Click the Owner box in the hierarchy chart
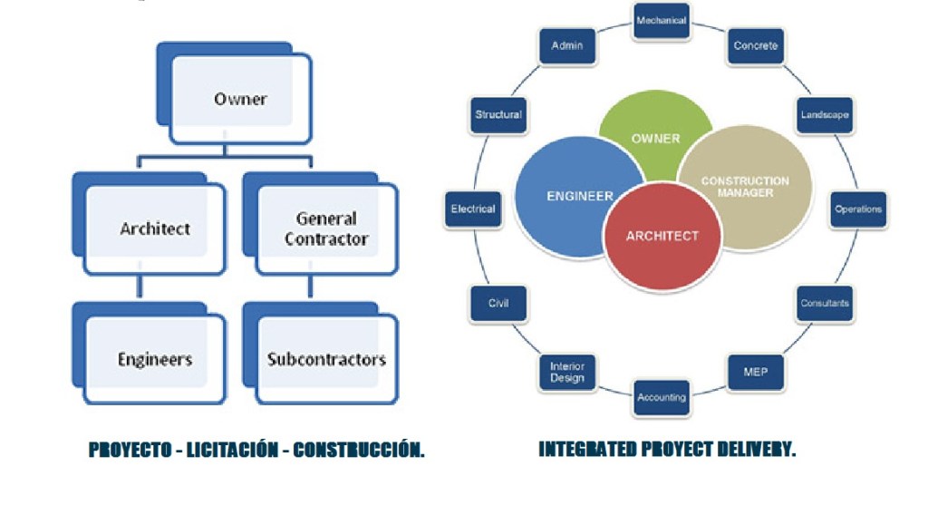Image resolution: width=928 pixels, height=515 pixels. point(240,99)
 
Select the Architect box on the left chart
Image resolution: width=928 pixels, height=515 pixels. point(155,228)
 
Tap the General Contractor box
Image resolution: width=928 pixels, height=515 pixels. point(326,228)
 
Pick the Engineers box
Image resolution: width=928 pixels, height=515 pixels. point(155,359)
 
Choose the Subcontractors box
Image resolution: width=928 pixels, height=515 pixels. point(326,359)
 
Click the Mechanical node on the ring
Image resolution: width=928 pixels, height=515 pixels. point(662,20)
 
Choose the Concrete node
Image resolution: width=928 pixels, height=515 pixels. point(756,45)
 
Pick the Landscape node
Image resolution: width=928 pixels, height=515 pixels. point(824,115)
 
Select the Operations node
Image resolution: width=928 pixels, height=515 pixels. point(858,209)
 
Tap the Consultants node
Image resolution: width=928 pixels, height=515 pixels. point(825,304)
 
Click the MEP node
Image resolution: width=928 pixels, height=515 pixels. point(756,373)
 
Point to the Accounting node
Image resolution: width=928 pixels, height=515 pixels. point(662,397)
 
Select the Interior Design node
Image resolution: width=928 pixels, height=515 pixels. point(567,373)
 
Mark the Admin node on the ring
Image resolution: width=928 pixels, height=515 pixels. point(567,45)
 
